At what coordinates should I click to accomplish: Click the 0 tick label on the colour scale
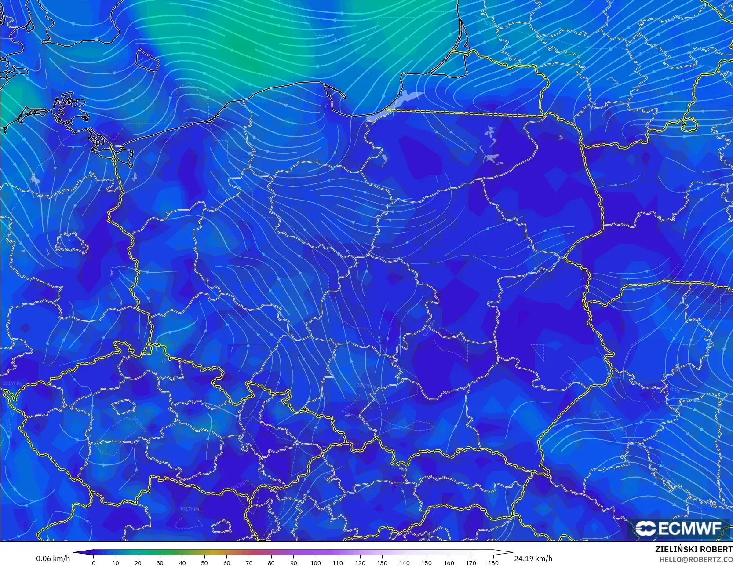94,562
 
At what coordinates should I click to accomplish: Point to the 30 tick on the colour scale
160,562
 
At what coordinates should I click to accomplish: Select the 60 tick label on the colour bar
227,562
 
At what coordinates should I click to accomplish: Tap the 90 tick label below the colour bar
293,562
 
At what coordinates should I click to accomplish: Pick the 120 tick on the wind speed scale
360,562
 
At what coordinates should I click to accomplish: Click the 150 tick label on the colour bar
427,562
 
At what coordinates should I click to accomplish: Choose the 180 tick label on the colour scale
493,562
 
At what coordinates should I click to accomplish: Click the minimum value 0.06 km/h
53,559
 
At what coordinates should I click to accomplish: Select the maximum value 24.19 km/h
533,559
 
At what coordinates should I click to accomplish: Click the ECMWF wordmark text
689,529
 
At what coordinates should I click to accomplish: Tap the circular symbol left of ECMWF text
645,529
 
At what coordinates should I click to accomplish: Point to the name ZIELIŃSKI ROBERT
693,549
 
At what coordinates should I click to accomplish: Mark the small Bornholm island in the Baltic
147,59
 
